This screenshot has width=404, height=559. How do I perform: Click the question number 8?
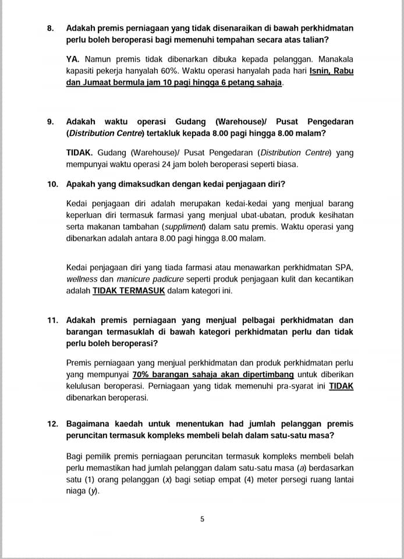51,27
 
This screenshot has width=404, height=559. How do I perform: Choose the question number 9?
51,122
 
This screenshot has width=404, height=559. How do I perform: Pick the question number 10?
53,184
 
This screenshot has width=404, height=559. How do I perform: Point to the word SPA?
344,268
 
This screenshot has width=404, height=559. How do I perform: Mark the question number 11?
53,320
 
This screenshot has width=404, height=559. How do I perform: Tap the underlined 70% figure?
141,374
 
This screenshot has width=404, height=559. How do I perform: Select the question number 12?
53,423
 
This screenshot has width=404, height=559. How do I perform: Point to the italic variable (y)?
92,491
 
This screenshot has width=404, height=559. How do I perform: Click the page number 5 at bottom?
202,519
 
